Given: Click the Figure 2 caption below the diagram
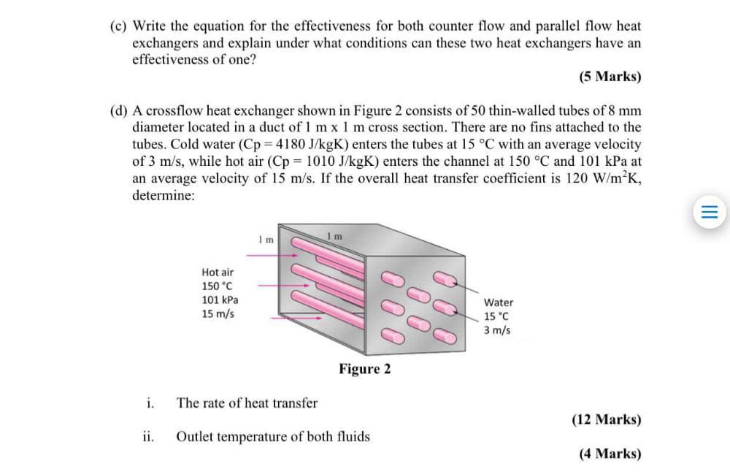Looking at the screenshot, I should click(x=364, y=369).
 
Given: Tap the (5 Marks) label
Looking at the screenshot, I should click(x=610, y=76).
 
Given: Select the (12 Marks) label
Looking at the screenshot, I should click(x=607, y=419).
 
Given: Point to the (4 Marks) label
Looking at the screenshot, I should click(x=610, y=454).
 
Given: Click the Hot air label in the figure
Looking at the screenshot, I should click(x=218, y=272).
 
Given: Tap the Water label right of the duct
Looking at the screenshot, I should click(x=499, y=302).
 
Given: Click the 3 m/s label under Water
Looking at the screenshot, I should click(x=497, y=330).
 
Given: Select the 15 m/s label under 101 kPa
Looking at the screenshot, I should click(x=218, y=313).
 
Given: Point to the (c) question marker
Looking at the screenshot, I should click(x=118, y=26).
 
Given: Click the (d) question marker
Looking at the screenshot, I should click(x=118, y=111).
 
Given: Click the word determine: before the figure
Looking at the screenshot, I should click(x=164, y=196).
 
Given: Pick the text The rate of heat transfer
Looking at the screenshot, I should click(x=247, y=403).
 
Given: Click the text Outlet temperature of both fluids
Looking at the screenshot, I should click(x=272, y=437).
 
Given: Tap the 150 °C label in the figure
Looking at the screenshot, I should click(x=218, y=286).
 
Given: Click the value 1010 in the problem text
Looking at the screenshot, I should click(x=323, y=161).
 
